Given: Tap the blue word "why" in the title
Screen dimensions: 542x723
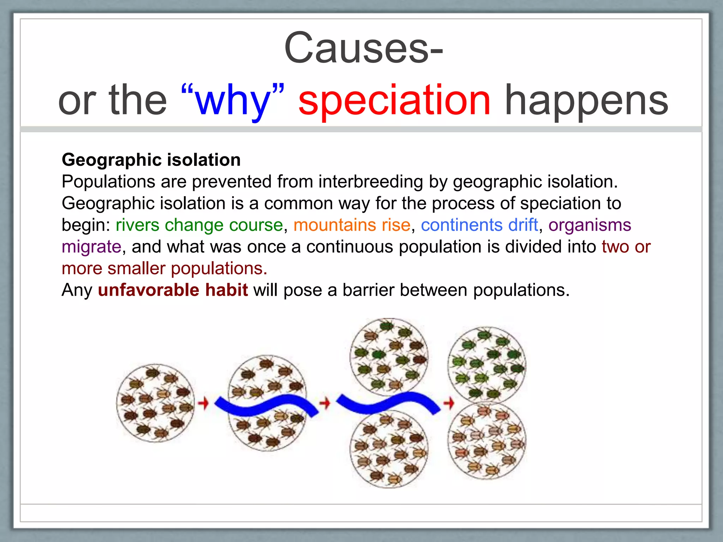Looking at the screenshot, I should point(232,101).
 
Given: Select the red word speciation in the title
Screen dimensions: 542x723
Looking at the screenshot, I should point(394,101).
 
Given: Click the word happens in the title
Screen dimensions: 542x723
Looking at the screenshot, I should point(586,101).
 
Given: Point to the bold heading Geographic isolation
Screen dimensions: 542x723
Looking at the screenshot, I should point(151,160).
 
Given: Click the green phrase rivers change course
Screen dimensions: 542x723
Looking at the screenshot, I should point(199,225).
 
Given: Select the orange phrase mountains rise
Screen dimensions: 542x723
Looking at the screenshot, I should point(352,225).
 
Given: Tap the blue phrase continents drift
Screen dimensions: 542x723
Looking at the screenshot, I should point(479,225).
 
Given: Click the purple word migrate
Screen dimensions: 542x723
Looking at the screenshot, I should point(91,247).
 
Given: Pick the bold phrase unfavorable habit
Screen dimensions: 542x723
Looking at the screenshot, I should point(173,290).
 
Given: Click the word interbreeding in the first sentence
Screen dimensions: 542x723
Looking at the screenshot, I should point(371,182).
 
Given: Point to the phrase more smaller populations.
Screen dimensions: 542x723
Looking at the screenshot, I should point(165,269).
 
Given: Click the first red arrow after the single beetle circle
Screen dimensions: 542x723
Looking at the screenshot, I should point(203,403).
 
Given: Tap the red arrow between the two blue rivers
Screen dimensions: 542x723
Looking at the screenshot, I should point(325,403).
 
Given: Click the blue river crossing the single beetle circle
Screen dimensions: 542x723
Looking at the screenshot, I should point(267,406).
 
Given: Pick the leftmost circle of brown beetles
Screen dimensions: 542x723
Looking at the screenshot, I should point(155,403).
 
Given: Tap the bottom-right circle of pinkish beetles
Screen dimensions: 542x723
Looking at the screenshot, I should point(487,441).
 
